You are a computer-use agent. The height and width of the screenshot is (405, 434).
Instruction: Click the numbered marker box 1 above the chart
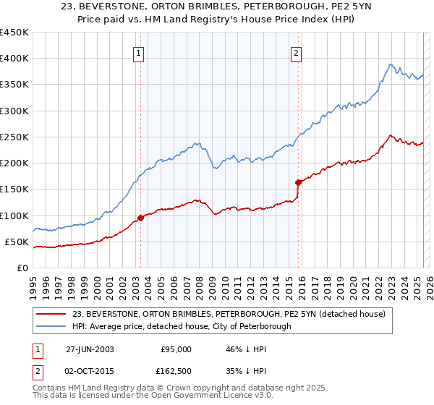point(138,51)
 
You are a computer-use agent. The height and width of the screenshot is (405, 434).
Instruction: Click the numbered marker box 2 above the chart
point(297,51)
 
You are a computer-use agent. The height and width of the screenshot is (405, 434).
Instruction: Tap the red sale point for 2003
point(141,218)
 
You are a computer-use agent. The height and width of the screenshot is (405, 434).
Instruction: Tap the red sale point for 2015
point(298,182)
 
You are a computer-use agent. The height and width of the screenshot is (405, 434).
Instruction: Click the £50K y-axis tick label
point(17,242)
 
